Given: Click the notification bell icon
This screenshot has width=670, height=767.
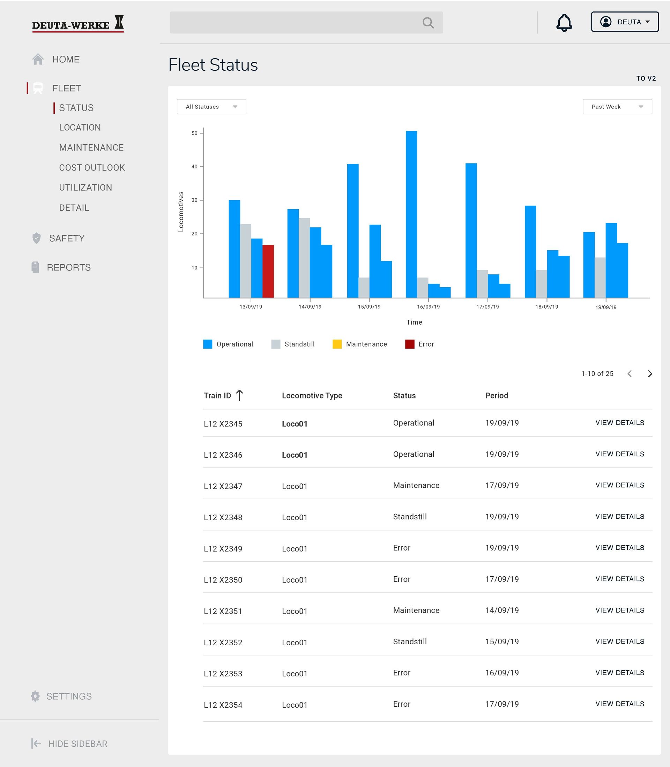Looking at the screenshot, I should click(564, 23).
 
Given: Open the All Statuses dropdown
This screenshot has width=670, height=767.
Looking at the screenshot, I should click(211, 107).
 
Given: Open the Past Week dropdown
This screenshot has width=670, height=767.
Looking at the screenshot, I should click(617, 107).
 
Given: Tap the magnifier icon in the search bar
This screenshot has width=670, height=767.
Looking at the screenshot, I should click(428, 23).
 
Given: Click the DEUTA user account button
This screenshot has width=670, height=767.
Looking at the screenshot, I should click(624, 22).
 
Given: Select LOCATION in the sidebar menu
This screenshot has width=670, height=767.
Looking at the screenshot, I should click(80, 127).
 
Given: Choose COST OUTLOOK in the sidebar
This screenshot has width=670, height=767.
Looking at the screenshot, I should click(91, 167).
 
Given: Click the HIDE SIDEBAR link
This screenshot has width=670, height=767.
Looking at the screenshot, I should click(77, 743).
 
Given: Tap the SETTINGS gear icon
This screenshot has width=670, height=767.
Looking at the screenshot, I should click(35, 696).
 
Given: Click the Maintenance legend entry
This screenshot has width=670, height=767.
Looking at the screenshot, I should click(360, 344).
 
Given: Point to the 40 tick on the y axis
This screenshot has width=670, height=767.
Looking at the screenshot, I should click(194, 167).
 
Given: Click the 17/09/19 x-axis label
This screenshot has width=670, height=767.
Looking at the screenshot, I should click(487, 307).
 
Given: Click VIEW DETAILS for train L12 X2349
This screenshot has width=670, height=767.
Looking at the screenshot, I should click(619, 547).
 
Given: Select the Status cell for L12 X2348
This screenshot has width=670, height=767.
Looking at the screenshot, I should click(410, 516).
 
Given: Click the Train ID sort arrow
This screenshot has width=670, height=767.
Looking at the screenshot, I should click(240, 395).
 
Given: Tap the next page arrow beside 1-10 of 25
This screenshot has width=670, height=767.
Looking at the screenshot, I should click(650, 374).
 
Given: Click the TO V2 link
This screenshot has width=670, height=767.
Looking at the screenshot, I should click(646, 78).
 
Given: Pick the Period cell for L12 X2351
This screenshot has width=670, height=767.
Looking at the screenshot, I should click(502, 610).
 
